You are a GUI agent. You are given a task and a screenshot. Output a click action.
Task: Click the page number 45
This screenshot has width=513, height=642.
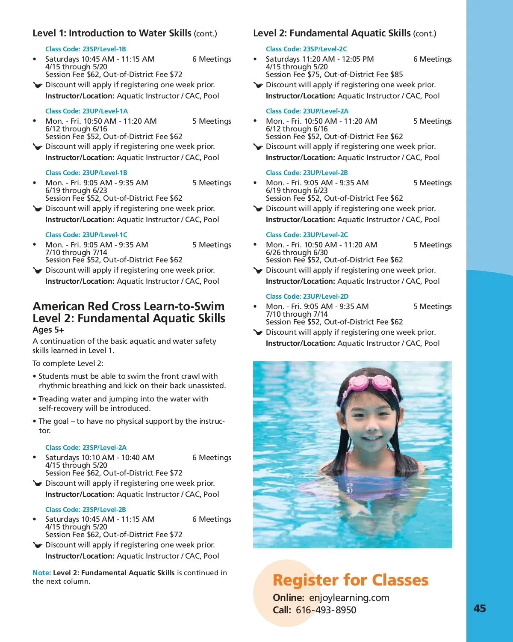coord(480,608)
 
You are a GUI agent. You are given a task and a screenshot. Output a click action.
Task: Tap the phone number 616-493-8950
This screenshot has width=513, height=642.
coord(326,610)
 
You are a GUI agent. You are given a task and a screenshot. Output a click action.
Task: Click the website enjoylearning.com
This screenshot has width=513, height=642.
coord(349,597)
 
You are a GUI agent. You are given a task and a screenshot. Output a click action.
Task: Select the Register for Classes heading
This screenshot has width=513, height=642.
coord(350,580)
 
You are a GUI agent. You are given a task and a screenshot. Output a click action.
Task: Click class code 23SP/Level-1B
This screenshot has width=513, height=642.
coord(104,49)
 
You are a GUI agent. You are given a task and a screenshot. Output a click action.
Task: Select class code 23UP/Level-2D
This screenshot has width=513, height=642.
coord(325,296)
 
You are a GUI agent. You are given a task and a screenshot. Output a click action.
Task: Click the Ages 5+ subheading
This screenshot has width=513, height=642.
coord(48,330)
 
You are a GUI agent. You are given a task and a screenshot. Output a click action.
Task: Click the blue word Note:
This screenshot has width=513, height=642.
coord(41,573)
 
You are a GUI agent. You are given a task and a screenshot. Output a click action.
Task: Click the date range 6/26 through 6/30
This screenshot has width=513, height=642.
coord(297,253)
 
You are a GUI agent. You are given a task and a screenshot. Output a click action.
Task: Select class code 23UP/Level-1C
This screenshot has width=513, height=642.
coord(105,235)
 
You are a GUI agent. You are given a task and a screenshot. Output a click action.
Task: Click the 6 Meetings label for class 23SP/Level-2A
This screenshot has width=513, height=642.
coord(212,458)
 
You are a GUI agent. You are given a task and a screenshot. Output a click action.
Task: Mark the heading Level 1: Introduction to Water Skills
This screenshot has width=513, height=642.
coord(112,33)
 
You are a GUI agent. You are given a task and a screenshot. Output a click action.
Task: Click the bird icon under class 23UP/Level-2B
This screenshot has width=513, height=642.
coord(258,209)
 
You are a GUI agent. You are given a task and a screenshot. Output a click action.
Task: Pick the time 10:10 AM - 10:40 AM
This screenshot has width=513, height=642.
coord(118,458)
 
